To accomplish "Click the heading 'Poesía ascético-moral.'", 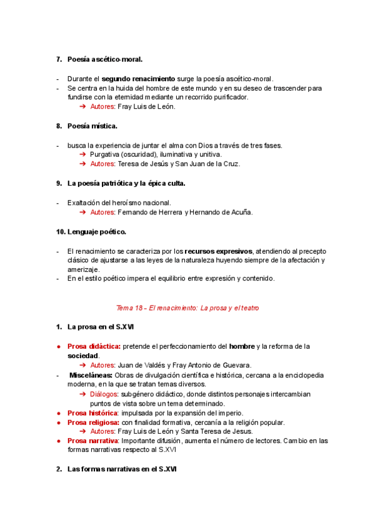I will (104, 59).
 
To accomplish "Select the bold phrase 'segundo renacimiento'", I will (138, 79).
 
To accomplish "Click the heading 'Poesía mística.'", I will (92, 126).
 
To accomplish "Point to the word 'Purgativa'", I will (106, 154).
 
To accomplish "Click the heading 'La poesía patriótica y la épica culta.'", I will (126, 183).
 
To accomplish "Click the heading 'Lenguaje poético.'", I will (96, 232).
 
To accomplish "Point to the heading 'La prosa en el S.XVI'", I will (100, 327).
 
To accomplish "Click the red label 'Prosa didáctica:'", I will (94, 346).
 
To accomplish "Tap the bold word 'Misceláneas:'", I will (91, 375).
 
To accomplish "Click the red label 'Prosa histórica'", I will (92, 413).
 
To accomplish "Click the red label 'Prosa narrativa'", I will (93, 441).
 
